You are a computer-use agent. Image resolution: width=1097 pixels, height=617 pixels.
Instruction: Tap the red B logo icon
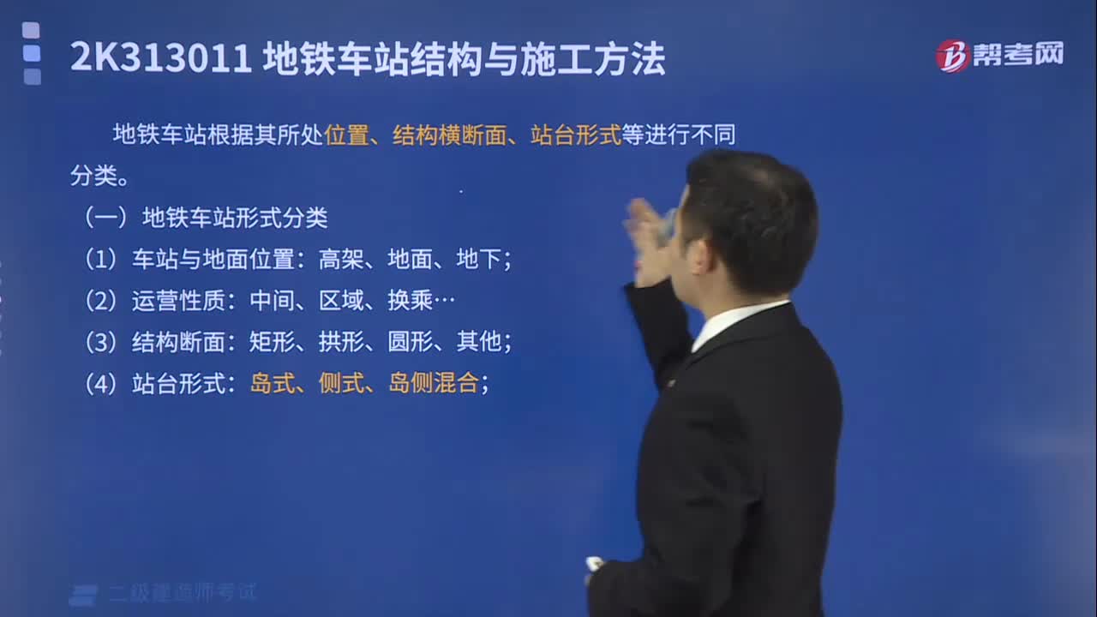coord(952,56)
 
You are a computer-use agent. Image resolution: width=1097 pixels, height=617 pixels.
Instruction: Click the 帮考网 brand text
coord(1018,54)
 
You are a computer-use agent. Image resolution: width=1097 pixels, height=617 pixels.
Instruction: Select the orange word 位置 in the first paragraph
coord(346,135)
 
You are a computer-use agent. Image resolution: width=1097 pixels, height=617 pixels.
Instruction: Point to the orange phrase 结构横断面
coord(450,135)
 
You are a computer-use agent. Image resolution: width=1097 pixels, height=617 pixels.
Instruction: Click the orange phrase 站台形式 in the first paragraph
coord(576,135)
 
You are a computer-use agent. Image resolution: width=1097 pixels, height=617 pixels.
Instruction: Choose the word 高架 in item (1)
coord(341,259)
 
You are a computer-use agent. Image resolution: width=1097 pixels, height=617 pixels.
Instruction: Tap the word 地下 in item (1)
coord(478,259)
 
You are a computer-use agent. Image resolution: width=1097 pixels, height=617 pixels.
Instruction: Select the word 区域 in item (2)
coord(341,300)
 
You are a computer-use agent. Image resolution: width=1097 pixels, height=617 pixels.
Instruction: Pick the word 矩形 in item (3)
coord(273,341)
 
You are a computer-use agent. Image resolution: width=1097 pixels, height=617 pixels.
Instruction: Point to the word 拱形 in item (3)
coord(341,341)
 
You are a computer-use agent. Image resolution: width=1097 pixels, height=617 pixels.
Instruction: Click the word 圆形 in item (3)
coord(410,341)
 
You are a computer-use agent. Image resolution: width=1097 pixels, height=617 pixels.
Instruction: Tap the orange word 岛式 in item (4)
coord(273,382)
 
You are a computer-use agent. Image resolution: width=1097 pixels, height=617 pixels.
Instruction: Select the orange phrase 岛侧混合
coord(433,382)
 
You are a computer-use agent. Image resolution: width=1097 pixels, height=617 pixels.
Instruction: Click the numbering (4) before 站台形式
coord(100,383)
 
